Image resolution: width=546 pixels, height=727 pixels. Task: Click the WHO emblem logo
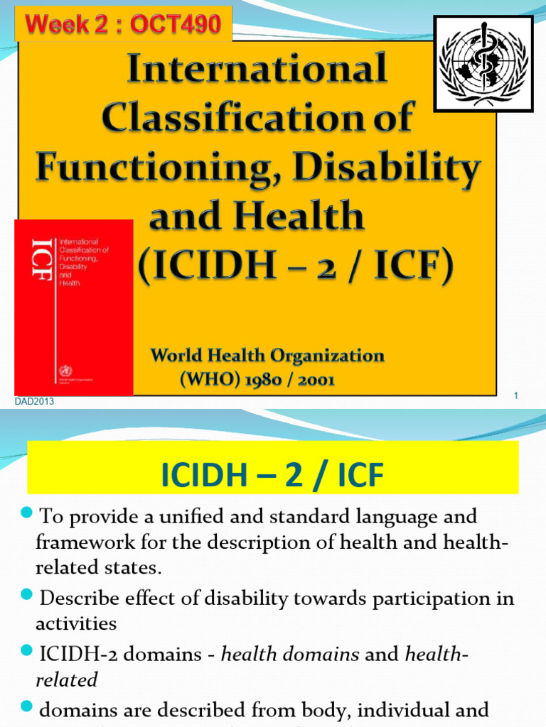tap(483, 64)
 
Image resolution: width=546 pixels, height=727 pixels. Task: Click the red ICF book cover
tap(73, 307)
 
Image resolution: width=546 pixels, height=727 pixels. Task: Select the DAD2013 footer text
tap(34, 403)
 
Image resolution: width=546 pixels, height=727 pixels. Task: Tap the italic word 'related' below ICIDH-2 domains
tap(66, 679)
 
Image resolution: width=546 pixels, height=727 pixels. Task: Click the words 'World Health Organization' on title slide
tap(267, 356)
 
